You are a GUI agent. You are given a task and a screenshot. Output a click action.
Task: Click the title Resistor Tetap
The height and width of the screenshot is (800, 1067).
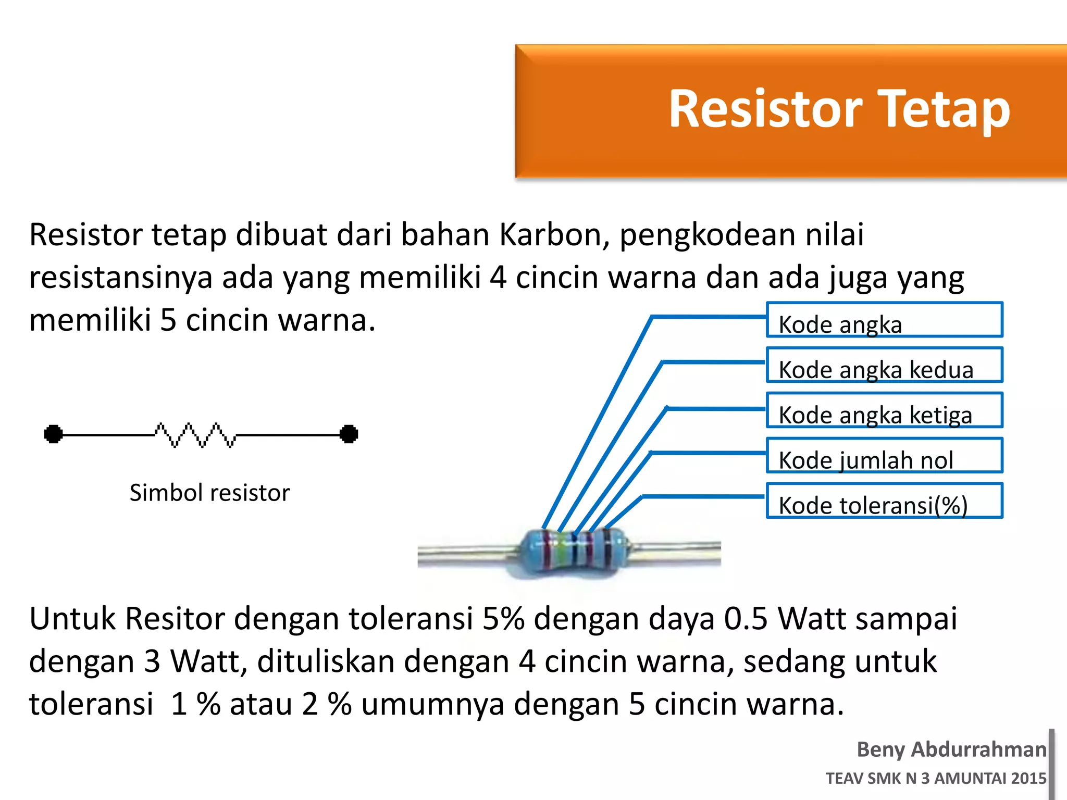click(839, 109)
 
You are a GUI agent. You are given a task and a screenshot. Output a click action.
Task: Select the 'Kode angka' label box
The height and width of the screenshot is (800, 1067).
click(884, 320)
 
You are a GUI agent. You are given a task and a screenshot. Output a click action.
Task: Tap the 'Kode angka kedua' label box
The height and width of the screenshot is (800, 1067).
click(884, 365)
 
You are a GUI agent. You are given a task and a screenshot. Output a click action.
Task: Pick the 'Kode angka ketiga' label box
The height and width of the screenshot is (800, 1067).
click(884, 410)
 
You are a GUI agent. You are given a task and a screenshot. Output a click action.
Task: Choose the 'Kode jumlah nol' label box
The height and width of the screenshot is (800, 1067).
click(884, 456)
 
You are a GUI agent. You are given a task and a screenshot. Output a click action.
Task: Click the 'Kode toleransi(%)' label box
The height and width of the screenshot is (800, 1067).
click(884, 501)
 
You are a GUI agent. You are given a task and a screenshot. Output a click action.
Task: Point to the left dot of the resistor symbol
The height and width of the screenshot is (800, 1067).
click(53, 434)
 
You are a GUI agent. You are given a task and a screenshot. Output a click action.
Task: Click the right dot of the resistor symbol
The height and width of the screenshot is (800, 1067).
click(349, 434)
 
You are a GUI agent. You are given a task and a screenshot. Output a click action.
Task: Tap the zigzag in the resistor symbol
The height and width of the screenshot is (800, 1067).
click(195, 435)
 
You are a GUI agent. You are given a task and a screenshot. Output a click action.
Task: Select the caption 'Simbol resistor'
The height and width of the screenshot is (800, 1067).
click(209, 493)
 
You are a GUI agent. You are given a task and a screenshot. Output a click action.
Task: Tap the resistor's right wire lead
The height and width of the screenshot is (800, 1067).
click(677, 552)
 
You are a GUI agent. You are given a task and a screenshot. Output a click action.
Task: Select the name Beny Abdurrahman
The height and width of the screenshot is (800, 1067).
click(951, 749)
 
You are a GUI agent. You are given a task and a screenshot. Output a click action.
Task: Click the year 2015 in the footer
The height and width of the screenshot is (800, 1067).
click(1028, 778)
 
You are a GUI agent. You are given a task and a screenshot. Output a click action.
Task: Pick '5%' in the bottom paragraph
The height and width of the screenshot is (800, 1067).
click(503, 619)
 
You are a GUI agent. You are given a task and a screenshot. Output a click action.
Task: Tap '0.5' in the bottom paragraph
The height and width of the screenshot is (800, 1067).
click(746, 619)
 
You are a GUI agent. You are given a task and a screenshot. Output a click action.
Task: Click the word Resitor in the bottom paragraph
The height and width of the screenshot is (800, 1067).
click(176, 619)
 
